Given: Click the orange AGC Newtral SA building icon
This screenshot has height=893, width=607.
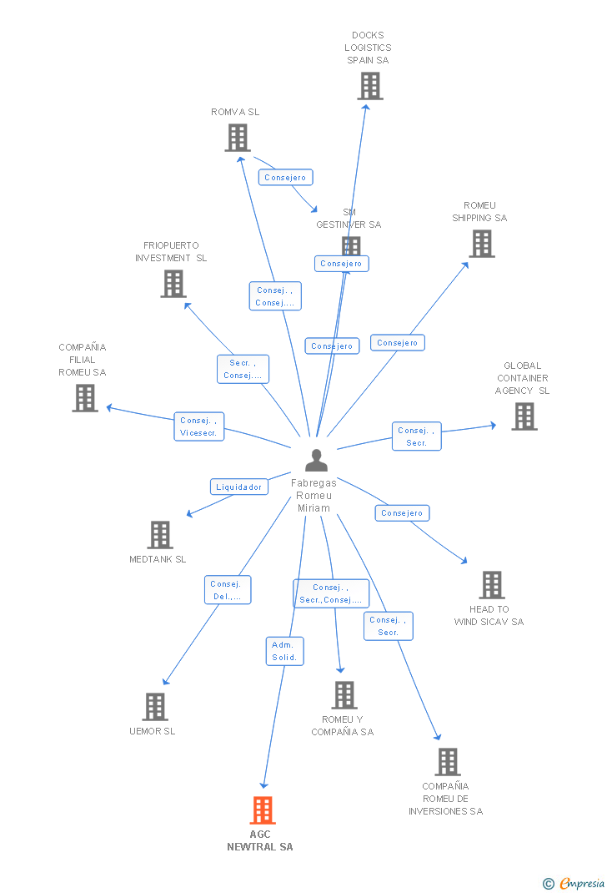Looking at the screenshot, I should tap(263, 810).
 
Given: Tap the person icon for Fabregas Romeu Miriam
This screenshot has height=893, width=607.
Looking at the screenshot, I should tap(316, 461).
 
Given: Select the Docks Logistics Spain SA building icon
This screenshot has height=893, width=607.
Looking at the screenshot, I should tap(369, 86).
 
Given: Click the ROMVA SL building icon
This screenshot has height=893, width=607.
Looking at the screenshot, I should tap(238, 138).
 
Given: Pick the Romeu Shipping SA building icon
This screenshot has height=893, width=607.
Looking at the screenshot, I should tap(481, 244).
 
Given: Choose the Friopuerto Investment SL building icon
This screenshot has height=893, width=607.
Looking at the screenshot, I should tap(173, 284).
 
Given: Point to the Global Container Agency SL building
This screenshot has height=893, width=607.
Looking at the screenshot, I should tap(524, 416).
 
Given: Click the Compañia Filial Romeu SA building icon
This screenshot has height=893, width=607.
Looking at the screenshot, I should tap(84, 398).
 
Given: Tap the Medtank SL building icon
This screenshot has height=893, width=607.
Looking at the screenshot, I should tap(159, 535).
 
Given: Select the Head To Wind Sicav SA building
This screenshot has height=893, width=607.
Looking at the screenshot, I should tap(491, 585).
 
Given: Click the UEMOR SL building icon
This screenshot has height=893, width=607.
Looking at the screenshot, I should tap(154, 707).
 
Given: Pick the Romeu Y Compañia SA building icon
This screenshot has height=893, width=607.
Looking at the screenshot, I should tap(344, 695).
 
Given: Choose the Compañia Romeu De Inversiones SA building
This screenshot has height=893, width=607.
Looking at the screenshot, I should tap(447, 761).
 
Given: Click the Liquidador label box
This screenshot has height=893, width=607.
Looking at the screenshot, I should tap(239, 487).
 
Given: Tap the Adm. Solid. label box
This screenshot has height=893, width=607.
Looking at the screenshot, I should tap(284, 651).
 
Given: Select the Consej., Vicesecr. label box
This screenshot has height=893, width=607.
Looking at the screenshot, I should tap(198, 426).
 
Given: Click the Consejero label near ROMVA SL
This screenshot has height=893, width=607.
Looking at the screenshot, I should tap(285, 177).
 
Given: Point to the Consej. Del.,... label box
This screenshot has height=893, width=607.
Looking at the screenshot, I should tap(228, 590).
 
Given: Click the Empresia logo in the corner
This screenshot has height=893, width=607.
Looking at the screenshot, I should tap(574, 883).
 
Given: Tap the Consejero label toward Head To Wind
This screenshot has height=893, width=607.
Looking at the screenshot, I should tap(402, 513).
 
